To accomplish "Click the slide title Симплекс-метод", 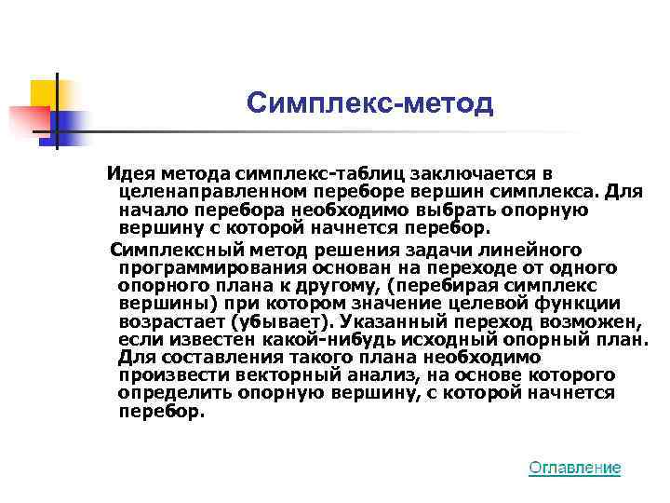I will coord(370,104).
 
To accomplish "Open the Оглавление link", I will coord(574,468).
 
